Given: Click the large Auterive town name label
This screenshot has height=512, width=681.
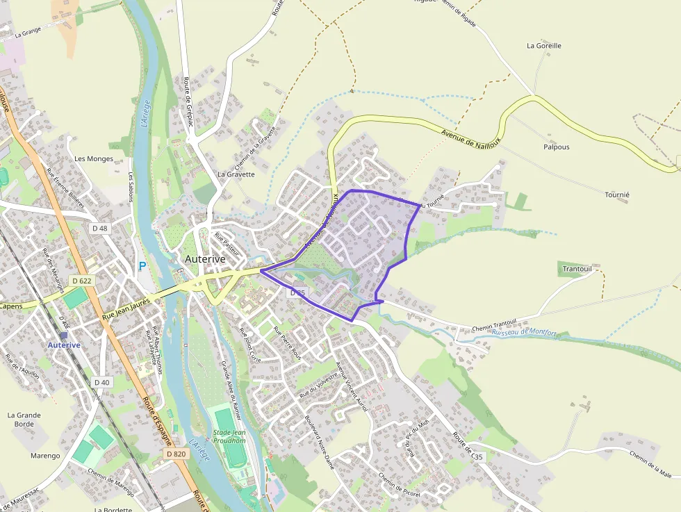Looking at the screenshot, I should [x=205, y=258].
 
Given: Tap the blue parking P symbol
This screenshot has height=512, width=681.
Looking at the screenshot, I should [x=142, y=266].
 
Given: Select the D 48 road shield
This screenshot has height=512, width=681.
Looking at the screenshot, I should [x=100, y=228].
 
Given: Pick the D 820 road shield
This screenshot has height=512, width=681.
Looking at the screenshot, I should [x=177, y=453].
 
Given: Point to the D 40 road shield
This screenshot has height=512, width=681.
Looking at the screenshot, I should [x=101, y=382].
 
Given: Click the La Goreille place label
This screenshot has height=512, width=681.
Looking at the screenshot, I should [x=543, y=46].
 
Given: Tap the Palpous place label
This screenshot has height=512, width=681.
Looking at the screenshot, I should [x=556, y=147].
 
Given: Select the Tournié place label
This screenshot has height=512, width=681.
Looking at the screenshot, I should [x=616, y=195].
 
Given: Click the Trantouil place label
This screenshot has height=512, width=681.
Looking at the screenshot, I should [x=577, y=269].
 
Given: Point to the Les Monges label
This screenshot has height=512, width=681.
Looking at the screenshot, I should [x=93, y=159].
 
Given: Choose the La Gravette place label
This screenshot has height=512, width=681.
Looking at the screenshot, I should [x=236, y=174].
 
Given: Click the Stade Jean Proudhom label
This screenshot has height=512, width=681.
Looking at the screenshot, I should [x=229, y=436].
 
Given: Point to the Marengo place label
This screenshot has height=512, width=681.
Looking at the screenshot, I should [x=45, y=456].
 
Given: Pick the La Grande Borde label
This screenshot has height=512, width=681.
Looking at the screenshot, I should [x=24, y=420].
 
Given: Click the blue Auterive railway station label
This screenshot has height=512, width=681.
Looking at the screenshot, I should [x=64, y=345].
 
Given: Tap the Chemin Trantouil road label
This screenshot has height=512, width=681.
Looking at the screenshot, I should [x=494, y=324].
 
